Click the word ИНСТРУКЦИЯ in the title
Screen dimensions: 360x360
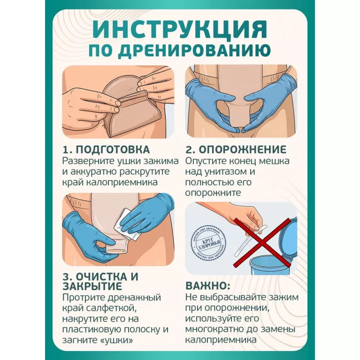coord(180,30)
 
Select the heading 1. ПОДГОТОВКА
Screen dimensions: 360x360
coord(106,150)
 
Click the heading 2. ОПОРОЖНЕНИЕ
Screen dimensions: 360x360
coord(236,150)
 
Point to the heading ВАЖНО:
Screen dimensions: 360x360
coord(208,286)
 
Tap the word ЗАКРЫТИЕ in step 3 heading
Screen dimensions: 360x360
coord(92,286)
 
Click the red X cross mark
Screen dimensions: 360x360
coord(262,243)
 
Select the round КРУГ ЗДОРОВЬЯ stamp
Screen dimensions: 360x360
coord(208,244)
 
